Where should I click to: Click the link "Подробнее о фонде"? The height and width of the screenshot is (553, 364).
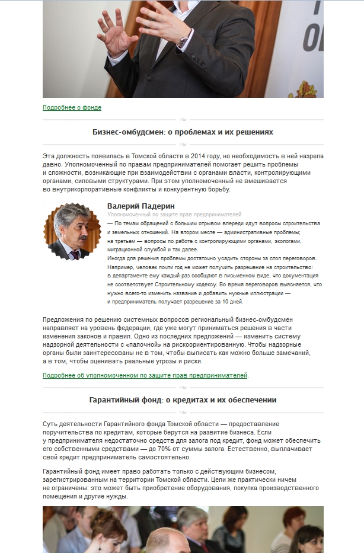point(72,108)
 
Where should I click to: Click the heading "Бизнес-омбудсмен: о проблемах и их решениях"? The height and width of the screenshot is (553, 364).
point(183,132)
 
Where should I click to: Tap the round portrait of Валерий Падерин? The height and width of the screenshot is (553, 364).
point(68,232)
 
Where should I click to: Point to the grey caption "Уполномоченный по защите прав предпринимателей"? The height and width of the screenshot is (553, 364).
point(174,214)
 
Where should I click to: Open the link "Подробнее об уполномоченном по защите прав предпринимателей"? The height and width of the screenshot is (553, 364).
point(145,375)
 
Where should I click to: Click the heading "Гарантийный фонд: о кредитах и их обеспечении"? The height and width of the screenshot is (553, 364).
point(183,400)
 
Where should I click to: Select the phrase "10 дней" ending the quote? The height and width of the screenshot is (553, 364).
point(232,302)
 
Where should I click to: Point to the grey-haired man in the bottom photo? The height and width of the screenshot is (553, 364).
point(193,528)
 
